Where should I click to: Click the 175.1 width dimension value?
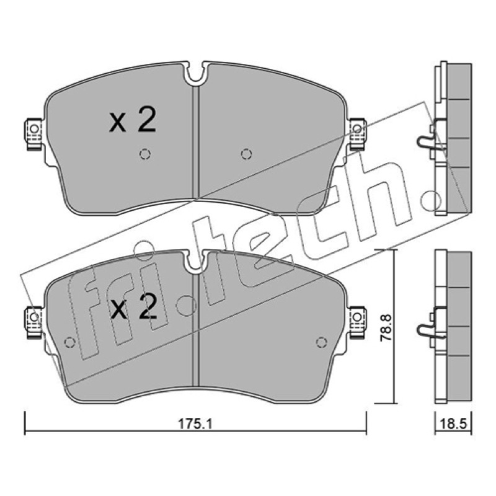(195, 423)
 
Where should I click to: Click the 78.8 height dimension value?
(386, 327)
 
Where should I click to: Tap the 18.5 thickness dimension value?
(453, 423)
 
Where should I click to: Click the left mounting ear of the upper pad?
(33, 134)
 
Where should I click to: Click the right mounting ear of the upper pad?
(358, 133)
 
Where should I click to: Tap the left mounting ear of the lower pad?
(33, 322)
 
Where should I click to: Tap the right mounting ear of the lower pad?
(358, 322)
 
